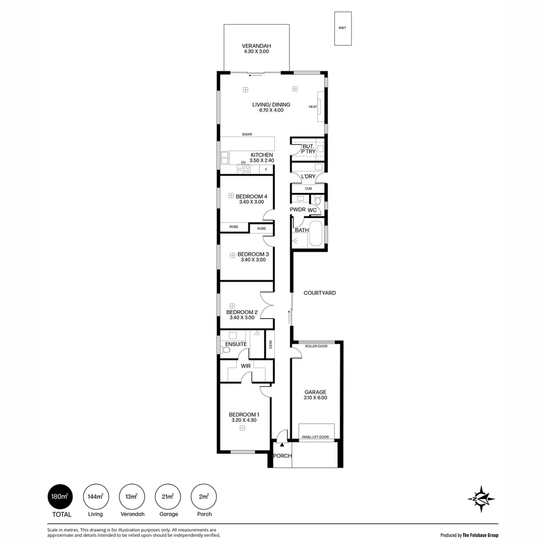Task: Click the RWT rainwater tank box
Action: tap(343, 28)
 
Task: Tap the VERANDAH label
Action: tap(256, 45)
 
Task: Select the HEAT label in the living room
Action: tap(313, 107)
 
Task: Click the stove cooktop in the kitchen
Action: tap(244, 169)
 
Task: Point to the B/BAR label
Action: tap(247, 134)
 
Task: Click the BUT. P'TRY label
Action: tap(308, 149)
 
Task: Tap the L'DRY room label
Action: tap(308, 176)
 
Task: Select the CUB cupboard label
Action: tap(308, 189)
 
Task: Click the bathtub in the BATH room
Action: tap(316, 234)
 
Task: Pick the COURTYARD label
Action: tap(320, 293)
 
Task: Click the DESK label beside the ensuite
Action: tap(270, 344)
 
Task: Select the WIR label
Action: tap(246, 366)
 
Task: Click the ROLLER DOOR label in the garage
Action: tap(316, 346)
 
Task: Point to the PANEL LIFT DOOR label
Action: tap(315, 437)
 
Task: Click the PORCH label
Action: tap(283, 456)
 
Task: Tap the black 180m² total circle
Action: tap(60, 496)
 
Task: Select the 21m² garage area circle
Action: tap(168, 496)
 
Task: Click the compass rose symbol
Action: tap(481, 499)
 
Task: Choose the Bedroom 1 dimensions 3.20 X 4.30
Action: tap(244, 420)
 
